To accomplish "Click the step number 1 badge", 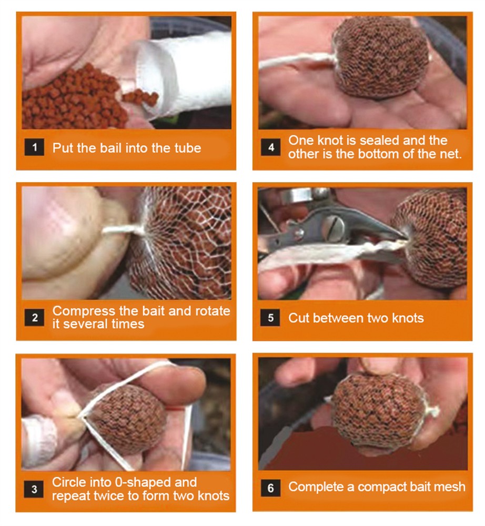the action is (x=34, y=147).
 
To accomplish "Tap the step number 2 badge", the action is (x=34, y=317).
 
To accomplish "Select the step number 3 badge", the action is (x=34, y=489).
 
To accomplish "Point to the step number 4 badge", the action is (x=271, y=147).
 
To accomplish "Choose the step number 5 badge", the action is (x=270, y=318).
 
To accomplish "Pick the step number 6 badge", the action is (x=271, y=488).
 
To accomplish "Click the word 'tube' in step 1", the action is (x=187, y=148).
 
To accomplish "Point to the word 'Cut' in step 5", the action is (x=299, y=318).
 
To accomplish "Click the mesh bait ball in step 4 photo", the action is (x=381, y=57).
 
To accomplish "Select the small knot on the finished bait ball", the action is (x=432, y=411).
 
